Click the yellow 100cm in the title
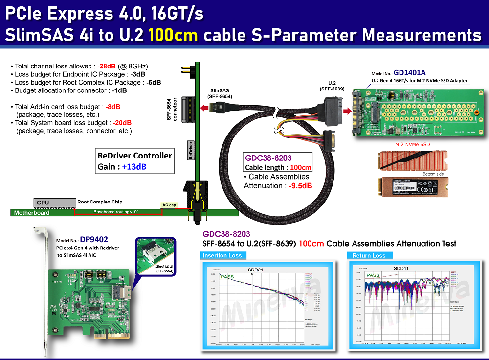tap(174, 35)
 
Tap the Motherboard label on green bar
tap(32, 213)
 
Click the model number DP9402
tap(94, 240)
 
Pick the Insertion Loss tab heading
tap(222, 255)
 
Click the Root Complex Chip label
tap(100, 202)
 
